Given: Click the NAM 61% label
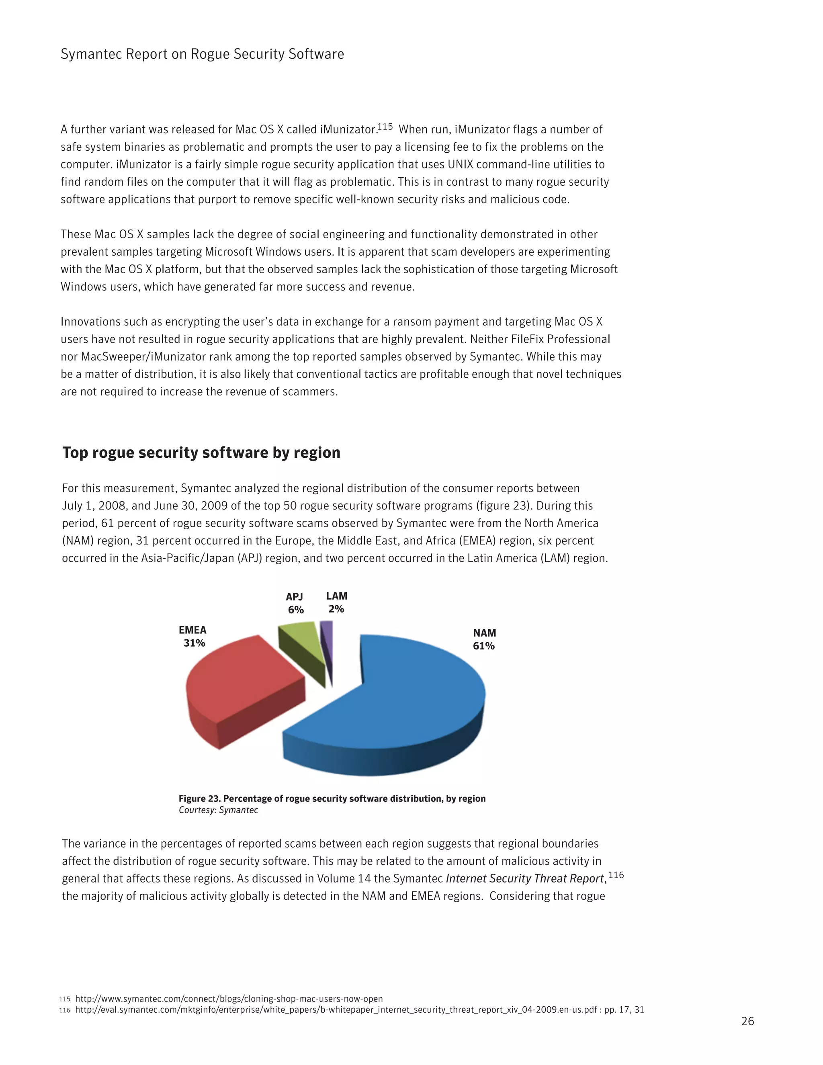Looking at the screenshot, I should click(484, 639).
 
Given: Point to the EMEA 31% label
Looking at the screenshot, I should click(192, 636).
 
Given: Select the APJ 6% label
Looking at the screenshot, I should click(295, 603).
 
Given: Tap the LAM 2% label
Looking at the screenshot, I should click(336, 602).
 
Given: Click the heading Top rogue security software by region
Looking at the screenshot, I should click(201, 453).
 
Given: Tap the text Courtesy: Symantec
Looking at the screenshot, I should click(219, 810).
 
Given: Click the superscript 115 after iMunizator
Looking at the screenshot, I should click(385, 127).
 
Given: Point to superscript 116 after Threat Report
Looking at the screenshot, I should click(616, 875).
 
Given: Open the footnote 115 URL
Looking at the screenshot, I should click(229, 999).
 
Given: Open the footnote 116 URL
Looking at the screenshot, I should click(359, 1010).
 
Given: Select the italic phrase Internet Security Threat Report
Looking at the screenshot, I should click(525, 879).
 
